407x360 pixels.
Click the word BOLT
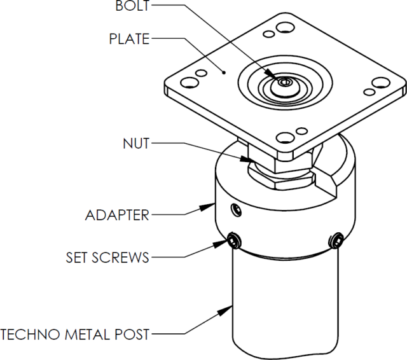click(x=132, y=7)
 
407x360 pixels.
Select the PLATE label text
click(x=129, y=39)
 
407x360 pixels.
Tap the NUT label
click(x=135, y=144)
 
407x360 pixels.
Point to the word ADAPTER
click(x=117, y=215)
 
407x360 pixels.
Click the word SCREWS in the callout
click(x=125, y=258)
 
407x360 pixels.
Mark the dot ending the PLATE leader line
click(x=224, y=73)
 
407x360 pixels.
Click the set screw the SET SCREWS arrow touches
click(x=234, y=241)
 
